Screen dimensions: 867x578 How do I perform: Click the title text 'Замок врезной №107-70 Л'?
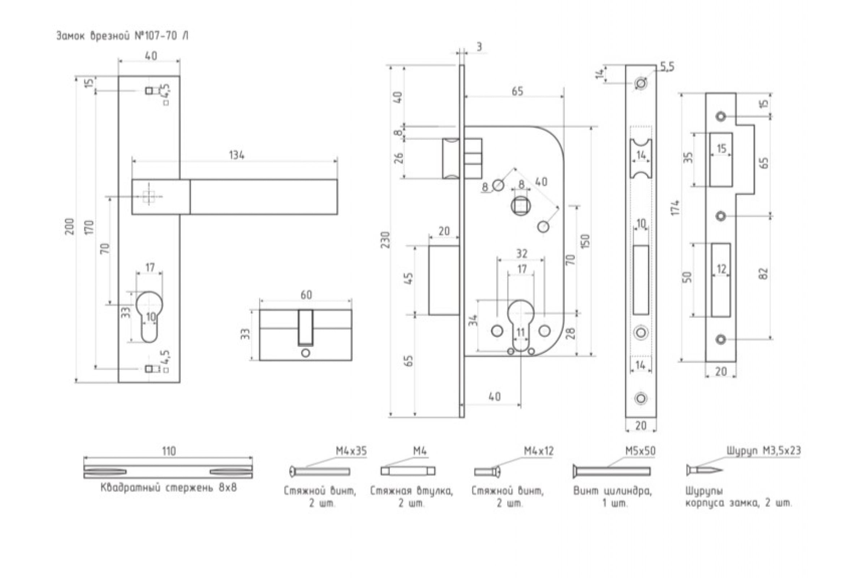(x=122, y=36)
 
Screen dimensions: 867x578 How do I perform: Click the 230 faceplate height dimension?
(x=385, y=240)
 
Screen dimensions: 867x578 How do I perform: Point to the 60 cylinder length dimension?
(x=306, y=294)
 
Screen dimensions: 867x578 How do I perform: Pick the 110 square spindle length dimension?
(x=169, y=451)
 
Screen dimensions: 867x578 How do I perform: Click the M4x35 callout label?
(x=351, y=451)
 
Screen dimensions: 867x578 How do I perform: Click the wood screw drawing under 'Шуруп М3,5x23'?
(x=704, y=470)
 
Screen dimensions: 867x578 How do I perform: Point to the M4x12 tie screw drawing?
(x=487, y=471)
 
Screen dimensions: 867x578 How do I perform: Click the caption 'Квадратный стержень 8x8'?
(x=169, y=488)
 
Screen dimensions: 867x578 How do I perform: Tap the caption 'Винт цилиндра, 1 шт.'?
(x=612, y=497)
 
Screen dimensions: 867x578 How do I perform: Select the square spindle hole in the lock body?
(x=521, y=205)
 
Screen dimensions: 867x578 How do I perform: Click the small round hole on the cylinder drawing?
(x=306, y=353)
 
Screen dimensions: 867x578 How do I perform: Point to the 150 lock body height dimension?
(x=585, y=241)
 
